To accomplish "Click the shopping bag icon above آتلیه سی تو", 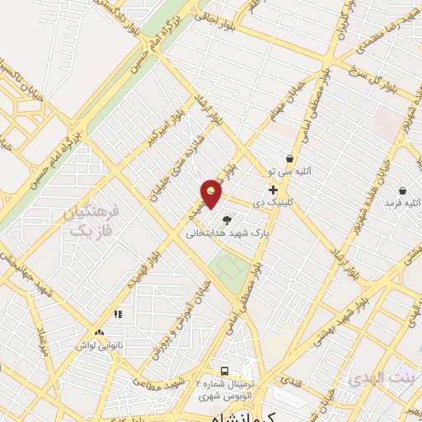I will [289, 158].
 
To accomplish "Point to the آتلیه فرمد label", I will [405, 202].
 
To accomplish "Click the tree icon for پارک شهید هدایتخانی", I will [227, 219].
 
